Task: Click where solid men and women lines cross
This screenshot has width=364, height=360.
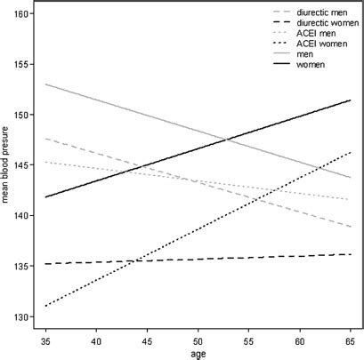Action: [x=226, y=140]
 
